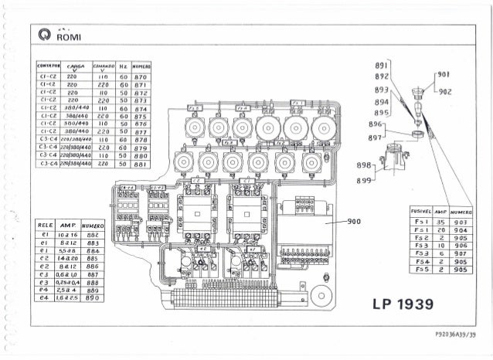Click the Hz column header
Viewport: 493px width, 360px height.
coord(124,67)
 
